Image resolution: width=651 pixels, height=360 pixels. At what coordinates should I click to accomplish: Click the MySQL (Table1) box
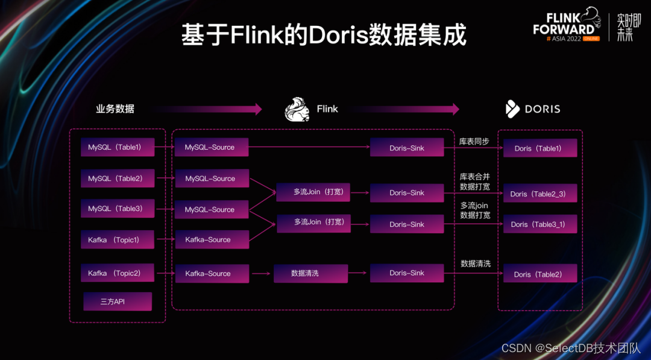pos(118,147)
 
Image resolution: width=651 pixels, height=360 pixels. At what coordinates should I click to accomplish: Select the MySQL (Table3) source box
pos(118,209)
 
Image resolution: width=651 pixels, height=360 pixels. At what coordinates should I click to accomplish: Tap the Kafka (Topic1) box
pos(118,239)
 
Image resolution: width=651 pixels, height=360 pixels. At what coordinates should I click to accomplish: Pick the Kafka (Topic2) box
pos(118,273)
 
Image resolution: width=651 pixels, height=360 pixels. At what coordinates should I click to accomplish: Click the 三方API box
pos(118,302)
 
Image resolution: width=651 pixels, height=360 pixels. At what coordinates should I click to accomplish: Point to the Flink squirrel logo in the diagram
pos(297,109)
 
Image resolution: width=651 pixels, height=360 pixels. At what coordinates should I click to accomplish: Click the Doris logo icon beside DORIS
pos(512,109)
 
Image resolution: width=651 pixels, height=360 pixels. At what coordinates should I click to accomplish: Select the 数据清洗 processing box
pos(310,274)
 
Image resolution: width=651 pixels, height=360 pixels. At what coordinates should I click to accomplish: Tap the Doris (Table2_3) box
pos(540,194)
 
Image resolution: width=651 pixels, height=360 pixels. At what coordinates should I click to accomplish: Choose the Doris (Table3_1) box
pos(540,224)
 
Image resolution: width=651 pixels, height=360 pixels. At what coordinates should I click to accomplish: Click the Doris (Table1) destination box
pos(540,148)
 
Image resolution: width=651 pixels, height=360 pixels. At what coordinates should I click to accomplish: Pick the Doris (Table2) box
pos(540,274)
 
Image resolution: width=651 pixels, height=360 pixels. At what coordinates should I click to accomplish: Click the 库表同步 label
pos(474,142)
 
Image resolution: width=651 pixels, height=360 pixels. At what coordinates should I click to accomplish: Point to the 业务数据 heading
pos(115,109)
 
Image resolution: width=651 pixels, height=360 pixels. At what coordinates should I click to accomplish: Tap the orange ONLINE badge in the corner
pos(591,39)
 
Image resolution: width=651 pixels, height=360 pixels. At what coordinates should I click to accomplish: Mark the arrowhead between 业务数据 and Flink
pos(259,109)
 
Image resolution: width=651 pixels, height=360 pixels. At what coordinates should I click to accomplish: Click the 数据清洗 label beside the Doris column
pos(476,264)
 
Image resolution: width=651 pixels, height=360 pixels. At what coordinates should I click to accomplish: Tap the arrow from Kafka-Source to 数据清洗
pos(261,274)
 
